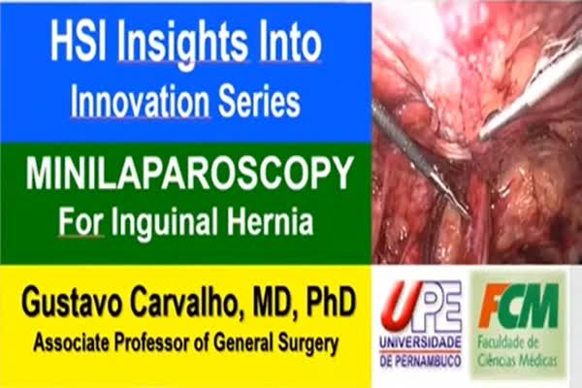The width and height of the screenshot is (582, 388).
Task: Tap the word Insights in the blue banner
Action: point(183,46)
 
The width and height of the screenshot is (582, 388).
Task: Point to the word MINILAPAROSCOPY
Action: point(188,173)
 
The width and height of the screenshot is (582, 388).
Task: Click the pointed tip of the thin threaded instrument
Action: point(469,216)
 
